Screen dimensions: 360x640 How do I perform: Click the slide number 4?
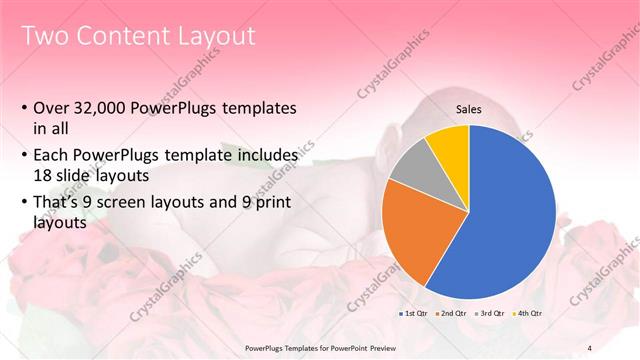pos(590,347)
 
